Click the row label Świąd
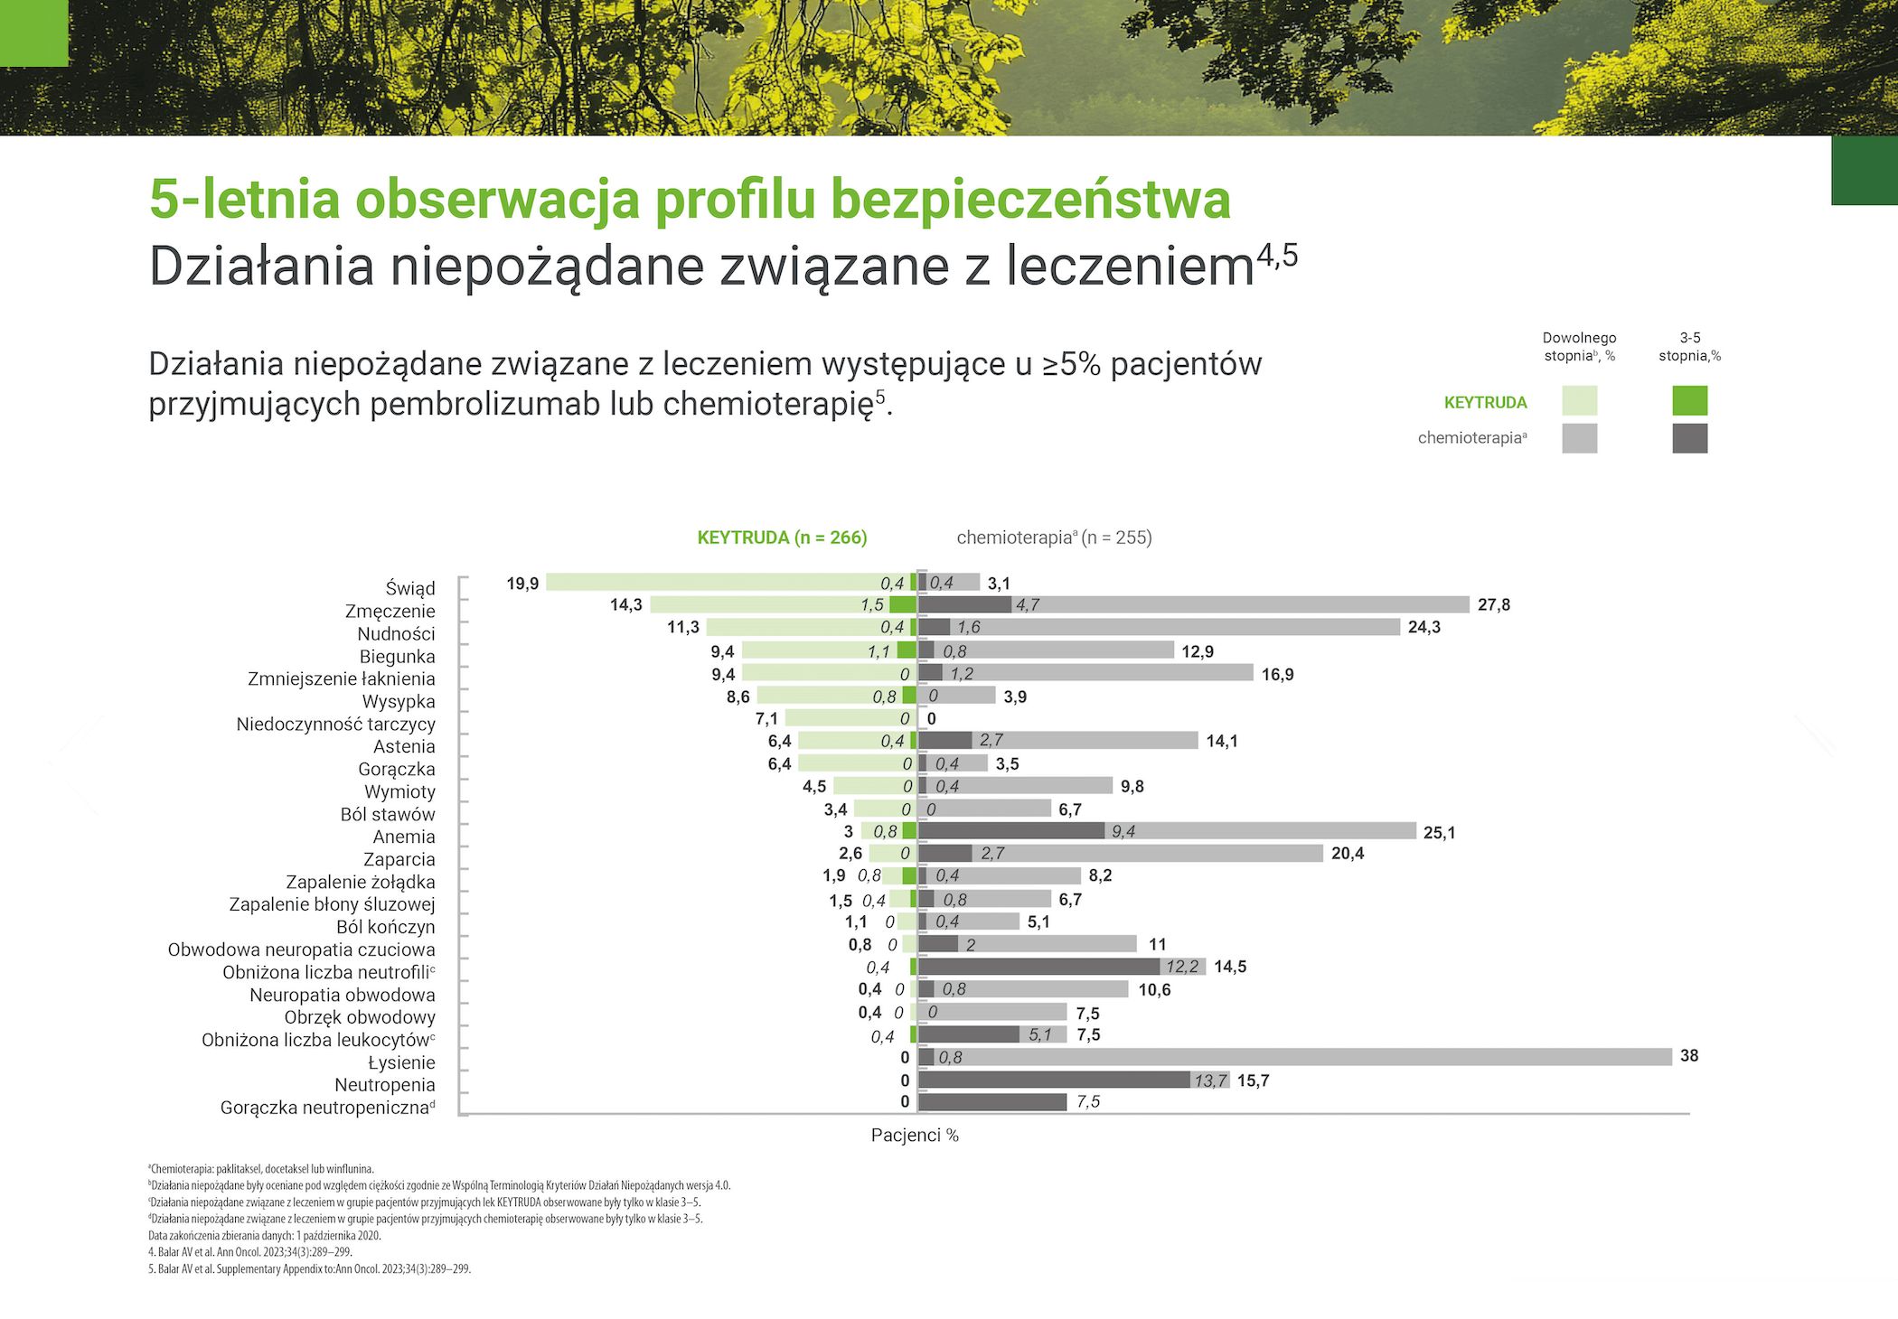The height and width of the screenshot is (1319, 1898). (x=409, y=588)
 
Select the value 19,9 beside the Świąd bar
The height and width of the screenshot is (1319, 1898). (x=522, y=584)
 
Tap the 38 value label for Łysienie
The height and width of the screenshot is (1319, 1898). (x=1688, y=1056)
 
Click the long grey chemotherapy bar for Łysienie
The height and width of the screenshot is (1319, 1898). (x=1311, y=1057)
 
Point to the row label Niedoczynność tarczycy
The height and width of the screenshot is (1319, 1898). (x=335, y=724)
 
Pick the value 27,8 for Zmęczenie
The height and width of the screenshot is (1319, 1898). (x=1493, y=604)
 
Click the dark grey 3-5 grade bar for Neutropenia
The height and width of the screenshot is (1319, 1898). (x=1053, y=1080)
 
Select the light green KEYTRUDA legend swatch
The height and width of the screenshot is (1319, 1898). (x=1579, y=401)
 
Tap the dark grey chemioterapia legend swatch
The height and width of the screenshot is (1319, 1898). (x=1689, y=438)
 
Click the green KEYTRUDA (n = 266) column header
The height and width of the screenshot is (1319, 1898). (x=782, y=538)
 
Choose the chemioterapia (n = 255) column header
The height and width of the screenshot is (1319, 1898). (x=1054, y=538)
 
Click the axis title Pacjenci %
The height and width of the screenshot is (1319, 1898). (x=915, y=1135)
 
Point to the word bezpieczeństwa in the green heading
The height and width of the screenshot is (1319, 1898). (x=1030, y=199)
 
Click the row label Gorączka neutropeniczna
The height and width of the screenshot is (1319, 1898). (x=326, y=1108)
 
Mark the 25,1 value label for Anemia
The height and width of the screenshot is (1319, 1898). (x=1439, y=832)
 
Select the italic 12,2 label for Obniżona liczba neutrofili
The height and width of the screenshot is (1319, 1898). (x=1181, y=967)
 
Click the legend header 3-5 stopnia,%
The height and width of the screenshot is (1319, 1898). (x=1689, y=347)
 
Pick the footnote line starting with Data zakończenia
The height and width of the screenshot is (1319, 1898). (x=265, y=1235)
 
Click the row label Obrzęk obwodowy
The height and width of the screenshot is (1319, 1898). (x=359, y=1017)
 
